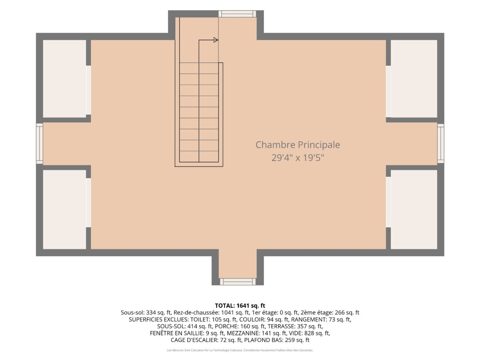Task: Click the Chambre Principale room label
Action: pyautogui.click(x=297, y=145)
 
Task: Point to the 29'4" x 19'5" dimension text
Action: pyautogui.click(x=297, y=158)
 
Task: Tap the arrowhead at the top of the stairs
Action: pyautogui.click(x=215, y=40)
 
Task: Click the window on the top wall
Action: pyautogui.click(x=237, y=14)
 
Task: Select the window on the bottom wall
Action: pyautogui.click(x=238, y=282)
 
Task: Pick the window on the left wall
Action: pyautogui.click(x=40, y=144)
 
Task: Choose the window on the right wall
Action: pyautogui.click(x=441, y=143)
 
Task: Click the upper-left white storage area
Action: pyautogui.click(x=64, y=79)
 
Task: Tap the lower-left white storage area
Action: pyautogui.click(x=64, y=209)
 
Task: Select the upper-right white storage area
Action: pyautogui.click(x=414, y=79)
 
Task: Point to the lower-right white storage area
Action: pyautogui.click(x=414, y=209)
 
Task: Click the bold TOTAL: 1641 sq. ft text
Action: pyautogui.click(x=240, y=306)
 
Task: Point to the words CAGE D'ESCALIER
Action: pyautogui.click(x=194, y=340)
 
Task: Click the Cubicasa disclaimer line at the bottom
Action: pyautogui.click(x=240, y=350)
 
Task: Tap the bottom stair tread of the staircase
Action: pyautogui.click(x=199, y=157)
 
